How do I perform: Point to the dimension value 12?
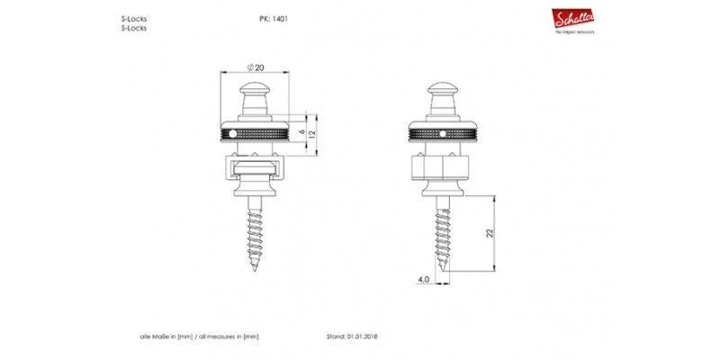pos(312,134)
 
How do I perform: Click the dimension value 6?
pos(301,126)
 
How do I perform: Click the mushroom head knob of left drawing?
pos(255,90)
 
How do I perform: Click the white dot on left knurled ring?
pos(233,134)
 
